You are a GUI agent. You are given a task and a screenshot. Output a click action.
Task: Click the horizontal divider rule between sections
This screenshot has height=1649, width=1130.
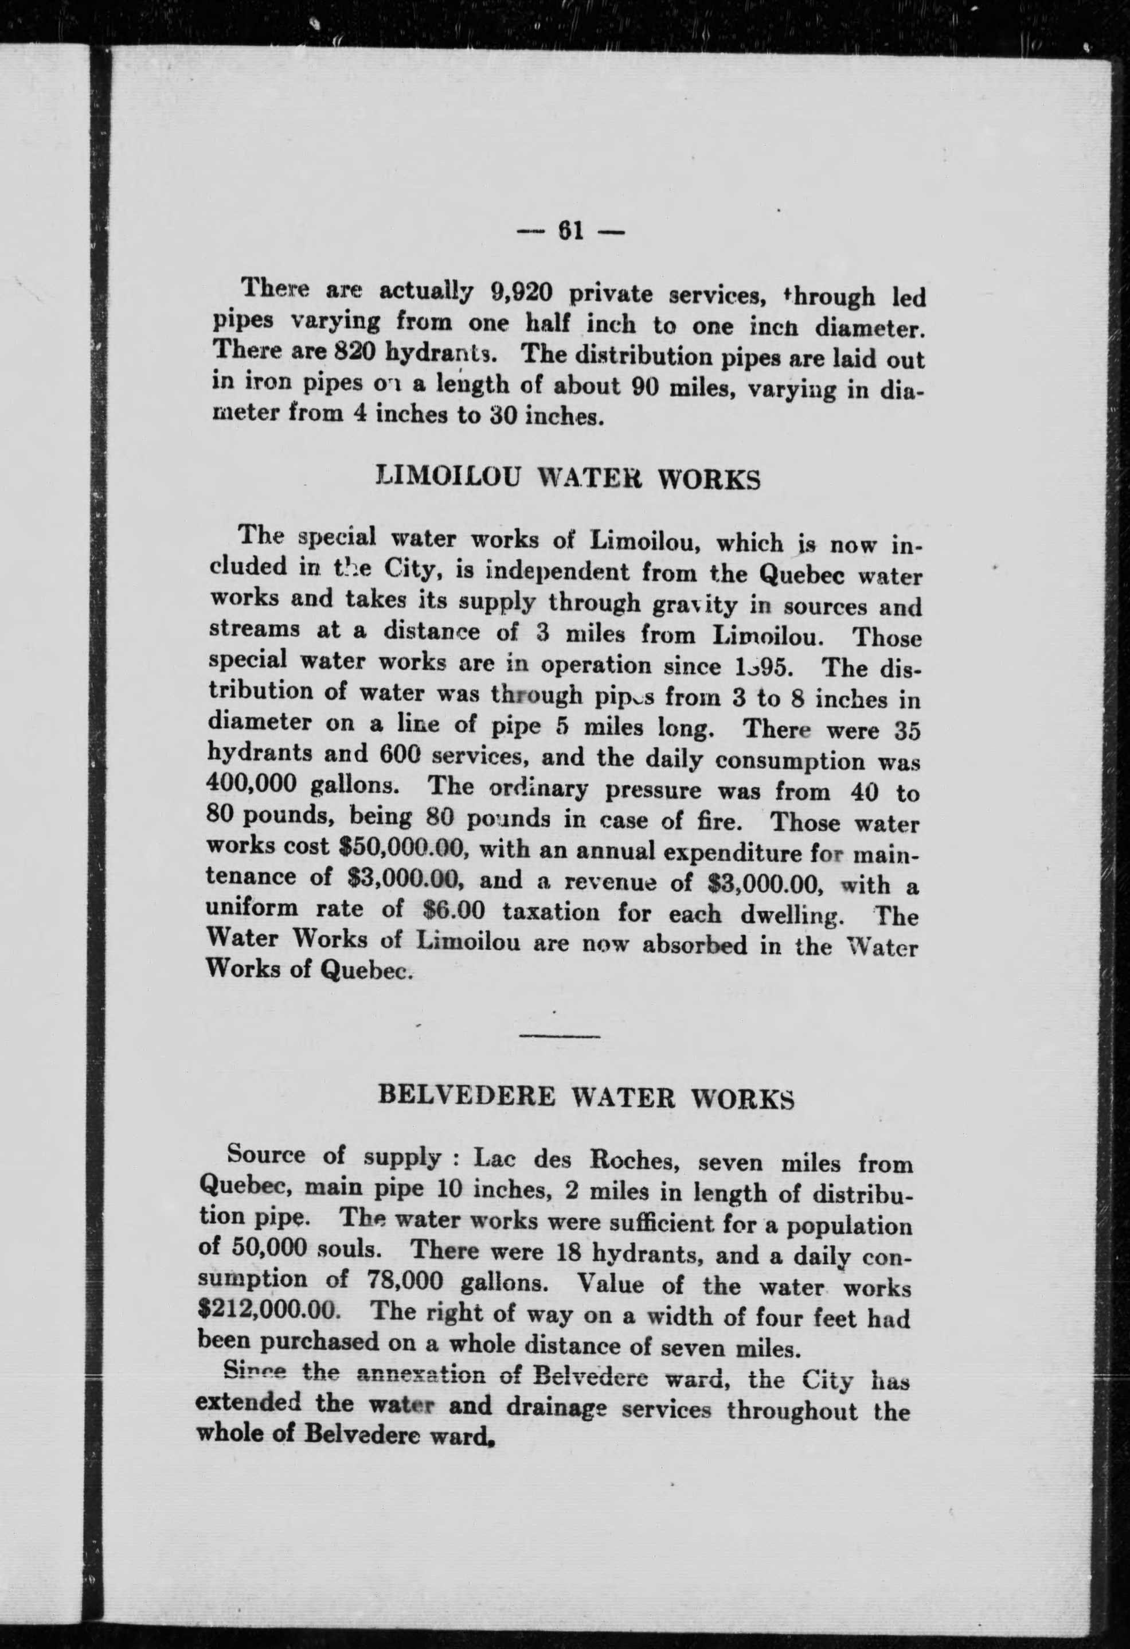pyautogui.click(x=560, y=1036)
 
